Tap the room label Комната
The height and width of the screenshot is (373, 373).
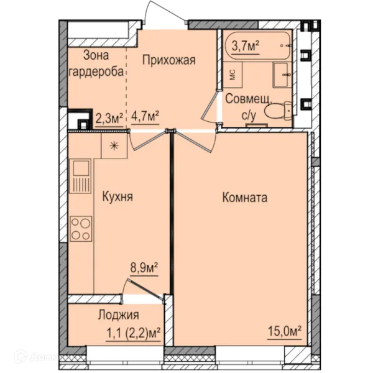click(244, 198)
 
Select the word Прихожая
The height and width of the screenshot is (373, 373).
click(169, 60)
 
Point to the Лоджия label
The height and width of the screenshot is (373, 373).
click(118, 315)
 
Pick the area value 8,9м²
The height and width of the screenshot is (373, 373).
click(143, 268)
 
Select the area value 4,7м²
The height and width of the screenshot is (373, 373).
click(145, 116)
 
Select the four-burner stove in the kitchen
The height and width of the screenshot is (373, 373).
click(81, 228)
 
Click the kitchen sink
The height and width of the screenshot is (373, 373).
click(81, 169)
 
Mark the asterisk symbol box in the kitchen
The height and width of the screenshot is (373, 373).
click(114, 145)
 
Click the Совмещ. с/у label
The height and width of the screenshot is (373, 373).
click(247, 104)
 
